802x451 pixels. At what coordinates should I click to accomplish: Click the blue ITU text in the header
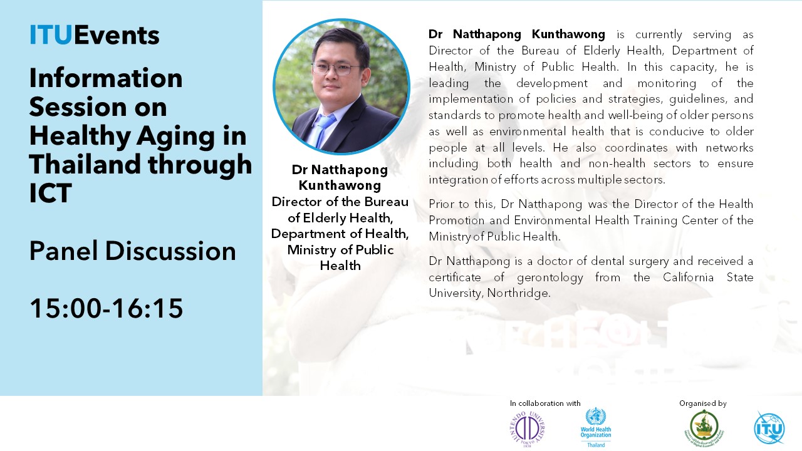(51, 35)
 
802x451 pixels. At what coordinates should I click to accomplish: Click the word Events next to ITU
(117, 35)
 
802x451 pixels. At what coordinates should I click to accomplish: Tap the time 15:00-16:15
(107, 308)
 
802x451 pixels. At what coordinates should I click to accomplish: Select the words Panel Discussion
(133, 251)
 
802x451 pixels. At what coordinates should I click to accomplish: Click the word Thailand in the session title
(85, 164)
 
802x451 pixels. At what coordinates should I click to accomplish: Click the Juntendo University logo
(527, 429)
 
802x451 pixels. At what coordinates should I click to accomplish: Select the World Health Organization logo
(596, 427)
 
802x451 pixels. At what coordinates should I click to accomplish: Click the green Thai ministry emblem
(704, 427)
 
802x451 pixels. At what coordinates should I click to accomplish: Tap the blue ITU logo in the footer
(769, 428)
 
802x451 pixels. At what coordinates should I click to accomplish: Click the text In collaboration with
(545, 403)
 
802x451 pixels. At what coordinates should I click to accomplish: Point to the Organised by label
(703, 404)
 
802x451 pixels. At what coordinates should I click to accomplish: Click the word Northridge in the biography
(518, 293)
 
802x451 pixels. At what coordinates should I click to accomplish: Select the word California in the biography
(688, 277)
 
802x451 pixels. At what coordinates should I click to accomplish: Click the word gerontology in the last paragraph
(550, 277)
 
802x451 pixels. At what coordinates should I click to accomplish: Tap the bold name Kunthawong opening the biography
(568, 34)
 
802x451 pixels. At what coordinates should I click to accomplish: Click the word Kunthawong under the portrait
(340, 185)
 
